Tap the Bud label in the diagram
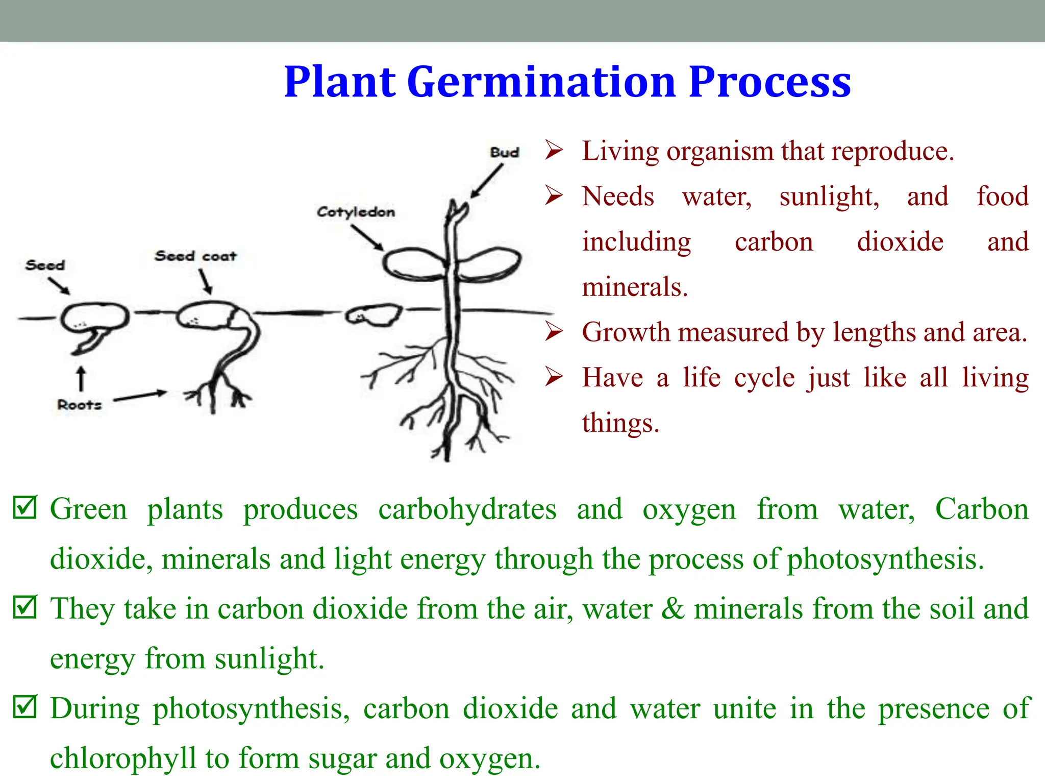504,153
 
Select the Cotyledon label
356,212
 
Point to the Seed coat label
195,256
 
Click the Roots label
79,405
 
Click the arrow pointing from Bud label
486,181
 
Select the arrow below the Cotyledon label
367,237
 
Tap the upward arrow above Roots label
81,379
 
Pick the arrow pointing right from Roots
140,396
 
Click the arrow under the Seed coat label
205,281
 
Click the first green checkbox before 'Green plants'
25,507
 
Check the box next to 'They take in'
25,607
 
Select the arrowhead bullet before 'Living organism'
554,151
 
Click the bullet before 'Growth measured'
554,332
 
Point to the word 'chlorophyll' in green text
122,758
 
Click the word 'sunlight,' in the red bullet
829,197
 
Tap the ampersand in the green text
673,608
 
